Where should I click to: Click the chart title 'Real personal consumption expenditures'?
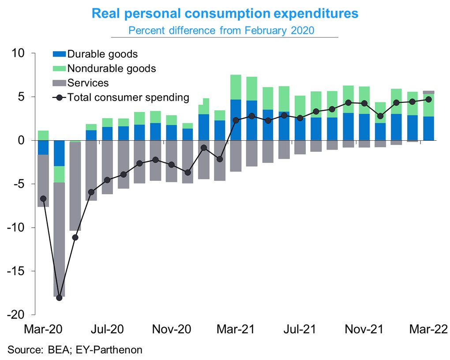[x=225, y=14]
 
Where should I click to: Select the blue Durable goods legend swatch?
[x=59, y=54]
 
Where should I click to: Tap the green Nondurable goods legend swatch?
[x=59, y=68]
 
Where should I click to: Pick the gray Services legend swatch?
[x=59, y=83]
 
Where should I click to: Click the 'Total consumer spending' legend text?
[x=128, y=97]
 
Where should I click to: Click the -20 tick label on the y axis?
[x=17, y=315]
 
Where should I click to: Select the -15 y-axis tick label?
[x=17, y=271]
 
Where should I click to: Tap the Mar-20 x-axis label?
[x=43, y=329]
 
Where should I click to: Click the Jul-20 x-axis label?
[x=107, y=329]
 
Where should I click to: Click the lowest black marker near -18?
[x=59, y=297]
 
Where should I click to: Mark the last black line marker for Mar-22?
[x=428, y=99]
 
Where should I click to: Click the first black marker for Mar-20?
[x=43, y=199]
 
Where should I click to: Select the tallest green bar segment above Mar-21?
[x=236, y=87]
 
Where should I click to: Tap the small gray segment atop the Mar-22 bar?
[x=428, y=92]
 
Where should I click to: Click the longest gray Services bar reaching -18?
[x=59, y=238]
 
